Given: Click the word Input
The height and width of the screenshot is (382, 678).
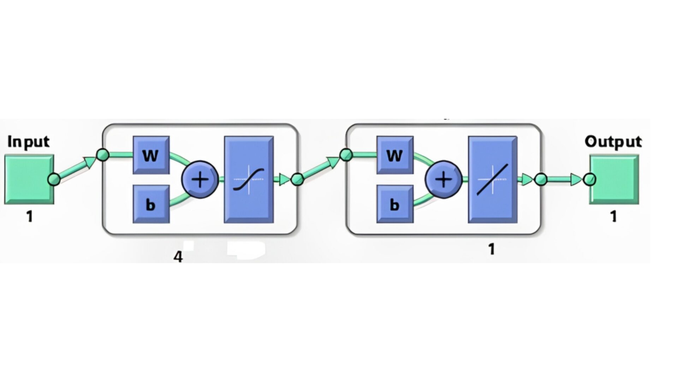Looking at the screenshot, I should pos(28,142).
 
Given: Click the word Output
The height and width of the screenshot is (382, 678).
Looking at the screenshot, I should pos(613,142).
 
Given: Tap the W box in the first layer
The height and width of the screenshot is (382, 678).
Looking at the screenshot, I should pos(151,155).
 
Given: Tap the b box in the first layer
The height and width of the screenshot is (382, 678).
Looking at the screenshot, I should pos(151,204).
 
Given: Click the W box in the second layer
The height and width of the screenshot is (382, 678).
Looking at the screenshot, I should pos(394,155).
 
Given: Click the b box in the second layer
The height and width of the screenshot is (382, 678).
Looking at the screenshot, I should pos(394,204).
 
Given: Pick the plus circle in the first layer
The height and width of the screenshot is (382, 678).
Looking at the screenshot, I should pos(200,179).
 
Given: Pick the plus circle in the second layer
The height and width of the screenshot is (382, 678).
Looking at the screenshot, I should pos(444,179).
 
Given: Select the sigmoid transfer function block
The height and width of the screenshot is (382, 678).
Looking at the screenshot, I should pos(249,179).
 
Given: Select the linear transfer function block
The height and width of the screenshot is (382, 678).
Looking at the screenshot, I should pos(493,179).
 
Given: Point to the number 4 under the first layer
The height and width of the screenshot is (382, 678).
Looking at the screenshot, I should pos(178,257).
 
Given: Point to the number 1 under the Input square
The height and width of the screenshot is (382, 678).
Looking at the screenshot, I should pos(30,216).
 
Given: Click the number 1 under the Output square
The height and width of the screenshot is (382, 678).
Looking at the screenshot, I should pos(614,216).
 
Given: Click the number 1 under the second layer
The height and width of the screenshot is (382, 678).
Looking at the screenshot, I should pos(491,250).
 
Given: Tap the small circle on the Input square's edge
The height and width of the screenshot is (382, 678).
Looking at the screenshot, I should pos(54,179).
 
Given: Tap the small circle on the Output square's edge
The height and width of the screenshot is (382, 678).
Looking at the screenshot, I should pos(589,179).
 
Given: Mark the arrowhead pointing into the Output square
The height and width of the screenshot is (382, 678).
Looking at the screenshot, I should pos(576,180).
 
